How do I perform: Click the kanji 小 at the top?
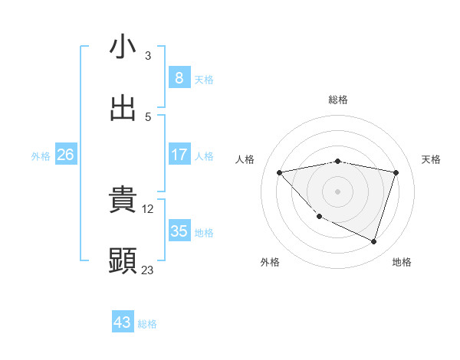123,47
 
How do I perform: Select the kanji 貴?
123,200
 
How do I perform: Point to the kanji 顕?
123,261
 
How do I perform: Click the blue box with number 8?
179,77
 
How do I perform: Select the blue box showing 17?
179,155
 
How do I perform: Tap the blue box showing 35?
179,231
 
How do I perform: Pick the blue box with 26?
65,155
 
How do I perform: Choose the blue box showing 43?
123,322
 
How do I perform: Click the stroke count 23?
148,270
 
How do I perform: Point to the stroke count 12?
149,208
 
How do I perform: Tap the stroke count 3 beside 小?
148,55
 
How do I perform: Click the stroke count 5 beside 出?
148,116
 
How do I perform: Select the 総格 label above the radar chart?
338,100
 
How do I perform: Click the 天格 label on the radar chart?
432,159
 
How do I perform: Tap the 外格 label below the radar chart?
270,262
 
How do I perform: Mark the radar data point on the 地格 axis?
373,242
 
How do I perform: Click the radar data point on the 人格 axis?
280,172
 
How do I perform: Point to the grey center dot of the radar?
338,191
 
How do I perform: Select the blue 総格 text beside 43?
147,324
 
